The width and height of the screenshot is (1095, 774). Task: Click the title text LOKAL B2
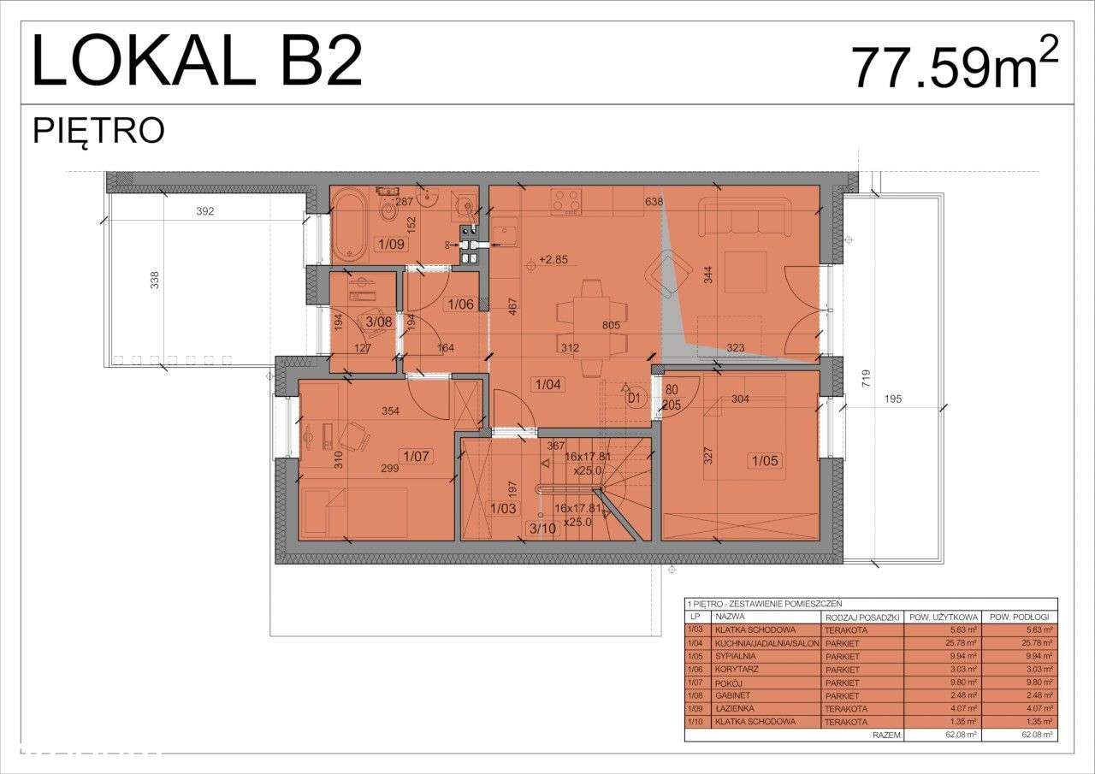click(x=197, y=62)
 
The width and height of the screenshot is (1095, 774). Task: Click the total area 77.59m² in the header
click(x=954, y=66)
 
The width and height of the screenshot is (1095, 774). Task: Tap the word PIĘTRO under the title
click(x=98, y=131)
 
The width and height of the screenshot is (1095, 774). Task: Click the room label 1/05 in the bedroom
click(x=766, y=461)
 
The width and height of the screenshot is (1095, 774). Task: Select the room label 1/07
click(x=416, y=456)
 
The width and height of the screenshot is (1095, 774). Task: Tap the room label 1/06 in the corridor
click(x=460, y=304)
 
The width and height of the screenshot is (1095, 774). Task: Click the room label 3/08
click(x=378, y=322)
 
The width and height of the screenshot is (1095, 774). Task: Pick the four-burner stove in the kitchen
click(x=565, y=202)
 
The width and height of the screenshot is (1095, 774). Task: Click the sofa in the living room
click(x=745, y=216)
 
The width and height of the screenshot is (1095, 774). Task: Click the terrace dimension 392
click(x=204, y=210)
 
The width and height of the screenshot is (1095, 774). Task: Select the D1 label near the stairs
click(x=634, y=398)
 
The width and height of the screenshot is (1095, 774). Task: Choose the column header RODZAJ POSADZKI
click(x=861, y=617)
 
